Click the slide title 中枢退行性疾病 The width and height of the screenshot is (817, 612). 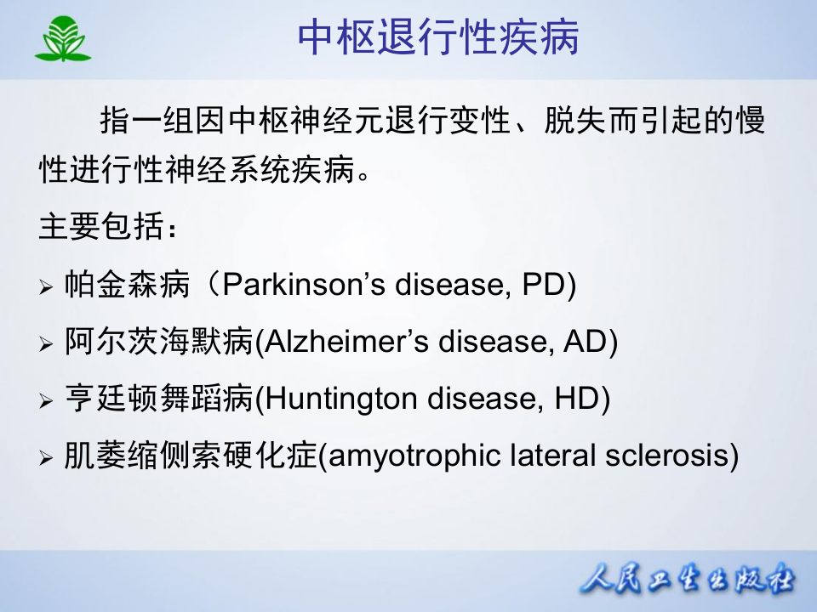pyautogui.click(x=438, y=38)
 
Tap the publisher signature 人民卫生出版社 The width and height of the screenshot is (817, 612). pyautogui.click(x=686, y=582)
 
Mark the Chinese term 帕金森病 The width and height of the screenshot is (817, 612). pyautogui.click(x=127, y=286)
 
